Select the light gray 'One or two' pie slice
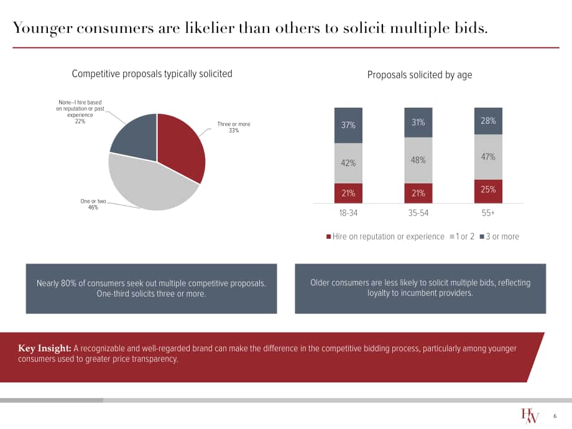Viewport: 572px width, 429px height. click(x=150, y=186)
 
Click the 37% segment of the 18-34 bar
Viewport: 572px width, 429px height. click(x=348, y=125)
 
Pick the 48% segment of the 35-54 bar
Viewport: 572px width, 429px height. click(x=418, y=160)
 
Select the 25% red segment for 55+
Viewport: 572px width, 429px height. click(x=488, y=191)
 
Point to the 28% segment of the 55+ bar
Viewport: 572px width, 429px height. click(x=488, y=121)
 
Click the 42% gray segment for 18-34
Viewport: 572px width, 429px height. click(x=348, y=163)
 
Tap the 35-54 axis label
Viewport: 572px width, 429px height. click(x=418, y=213)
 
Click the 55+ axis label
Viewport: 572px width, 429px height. click(x=488, y=213)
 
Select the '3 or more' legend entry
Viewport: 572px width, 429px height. click(x=499, y=236)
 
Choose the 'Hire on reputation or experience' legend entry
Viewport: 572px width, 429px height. click(x=385, y=236)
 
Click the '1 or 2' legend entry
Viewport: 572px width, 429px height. click(x=462, y=236)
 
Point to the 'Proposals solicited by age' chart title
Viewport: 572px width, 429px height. click(x=420, y=75)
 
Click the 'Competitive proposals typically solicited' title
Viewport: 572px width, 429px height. click(x=152, y=74)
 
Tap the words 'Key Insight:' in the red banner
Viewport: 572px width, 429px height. click(x=45, y=348)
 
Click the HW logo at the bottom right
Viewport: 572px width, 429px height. click(x=530, y=415)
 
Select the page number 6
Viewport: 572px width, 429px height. click(x=555, y=416)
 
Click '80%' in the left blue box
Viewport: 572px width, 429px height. click(x=68, y=283)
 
